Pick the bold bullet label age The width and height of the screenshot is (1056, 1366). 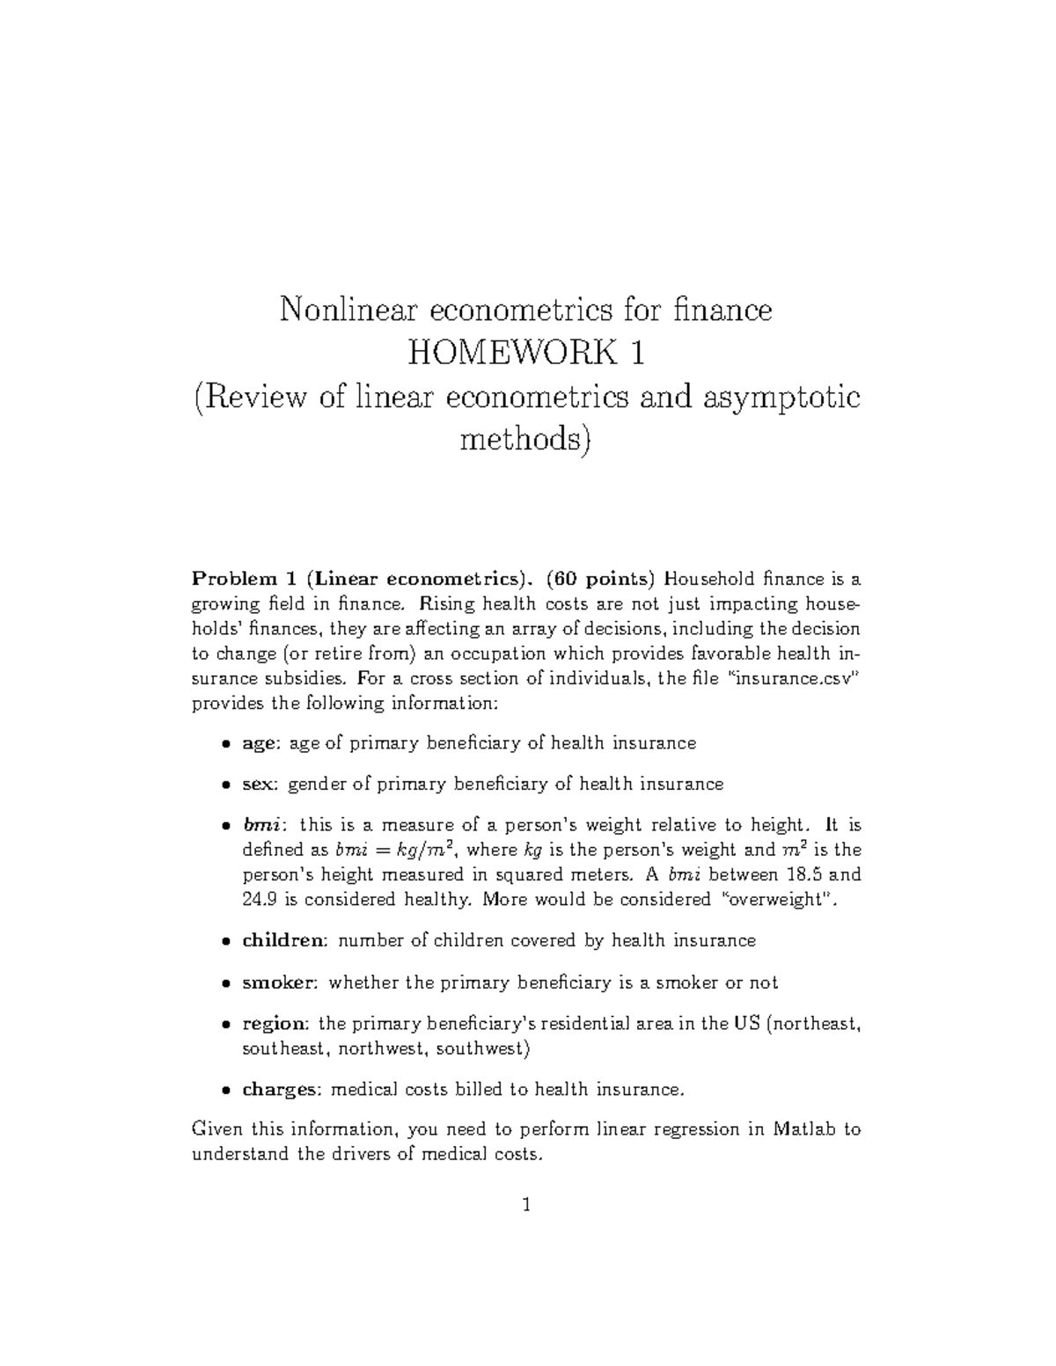(260, 744)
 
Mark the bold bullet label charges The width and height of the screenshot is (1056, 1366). (281, 1090)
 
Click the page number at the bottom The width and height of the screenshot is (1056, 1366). (526, 1205)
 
